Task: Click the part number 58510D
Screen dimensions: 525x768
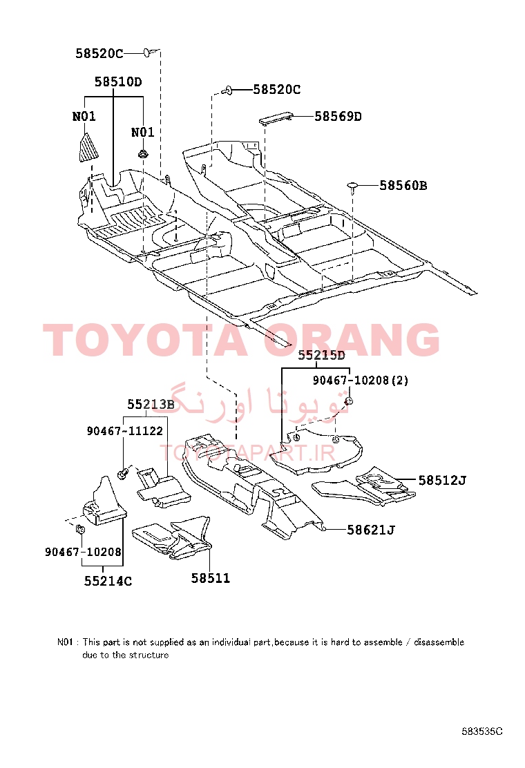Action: click(x=118, y=81)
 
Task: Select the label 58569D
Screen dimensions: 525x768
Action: click(x=338, y=117)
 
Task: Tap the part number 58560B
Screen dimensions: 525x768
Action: click(x=403, y=186)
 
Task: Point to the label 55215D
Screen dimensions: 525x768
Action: click(x=321, y=355)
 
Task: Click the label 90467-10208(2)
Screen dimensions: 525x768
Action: click(x=361, y=380)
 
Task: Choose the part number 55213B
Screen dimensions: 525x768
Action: click(x=151, y=404)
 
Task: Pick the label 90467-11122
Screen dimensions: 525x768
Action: click(x=125, y=430)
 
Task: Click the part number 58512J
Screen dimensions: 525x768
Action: click(x=442, y=481)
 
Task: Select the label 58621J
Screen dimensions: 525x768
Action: click(x=371, y=530)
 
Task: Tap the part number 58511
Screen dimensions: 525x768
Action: click(x=211, y=579)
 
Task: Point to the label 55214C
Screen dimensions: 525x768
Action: click(x=108, y=581)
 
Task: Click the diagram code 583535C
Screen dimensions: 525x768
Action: click(x=482, y=731)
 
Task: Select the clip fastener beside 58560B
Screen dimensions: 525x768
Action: click(x=352, y=186)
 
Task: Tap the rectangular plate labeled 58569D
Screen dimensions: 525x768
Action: click(x=276, y=119)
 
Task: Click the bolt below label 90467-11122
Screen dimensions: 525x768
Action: click(x=123, y=473)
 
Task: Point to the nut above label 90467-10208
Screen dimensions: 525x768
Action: click(x=81, y=530)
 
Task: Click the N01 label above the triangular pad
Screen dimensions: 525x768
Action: click(x=84, y=117)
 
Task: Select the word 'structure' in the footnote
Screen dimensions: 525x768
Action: click(x=149, y=655)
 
